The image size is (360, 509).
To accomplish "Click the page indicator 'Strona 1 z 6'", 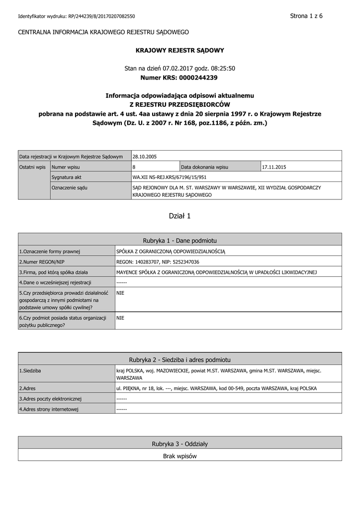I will point(306,16).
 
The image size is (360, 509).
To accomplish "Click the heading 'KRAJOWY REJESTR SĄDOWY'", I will point(180,50).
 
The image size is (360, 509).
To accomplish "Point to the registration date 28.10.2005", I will point(145,157).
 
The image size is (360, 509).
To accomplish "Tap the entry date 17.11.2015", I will point(274,167).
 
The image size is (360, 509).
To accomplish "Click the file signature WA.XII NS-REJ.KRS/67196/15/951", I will point(170,177).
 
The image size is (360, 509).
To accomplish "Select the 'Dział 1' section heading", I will point(180,216).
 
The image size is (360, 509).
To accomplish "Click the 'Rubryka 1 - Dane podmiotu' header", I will point(180,240).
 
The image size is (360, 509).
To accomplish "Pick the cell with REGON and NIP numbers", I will point(158,262).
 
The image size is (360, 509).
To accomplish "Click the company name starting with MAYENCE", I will point(216,272).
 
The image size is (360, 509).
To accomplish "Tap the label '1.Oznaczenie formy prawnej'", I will point(50,252).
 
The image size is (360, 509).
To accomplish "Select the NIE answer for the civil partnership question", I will point(120,293).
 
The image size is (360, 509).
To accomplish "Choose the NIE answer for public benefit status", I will point(120,318).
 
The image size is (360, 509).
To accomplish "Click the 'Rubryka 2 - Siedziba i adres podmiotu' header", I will point(180,359).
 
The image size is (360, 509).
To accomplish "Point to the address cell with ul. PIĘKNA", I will point(216,388).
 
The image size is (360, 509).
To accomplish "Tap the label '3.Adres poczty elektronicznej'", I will point(50,399).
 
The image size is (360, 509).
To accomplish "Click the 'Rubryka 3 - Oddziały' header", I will point(180,443).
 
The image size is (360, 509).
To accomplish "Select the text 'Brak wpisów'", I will point(180,456).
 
